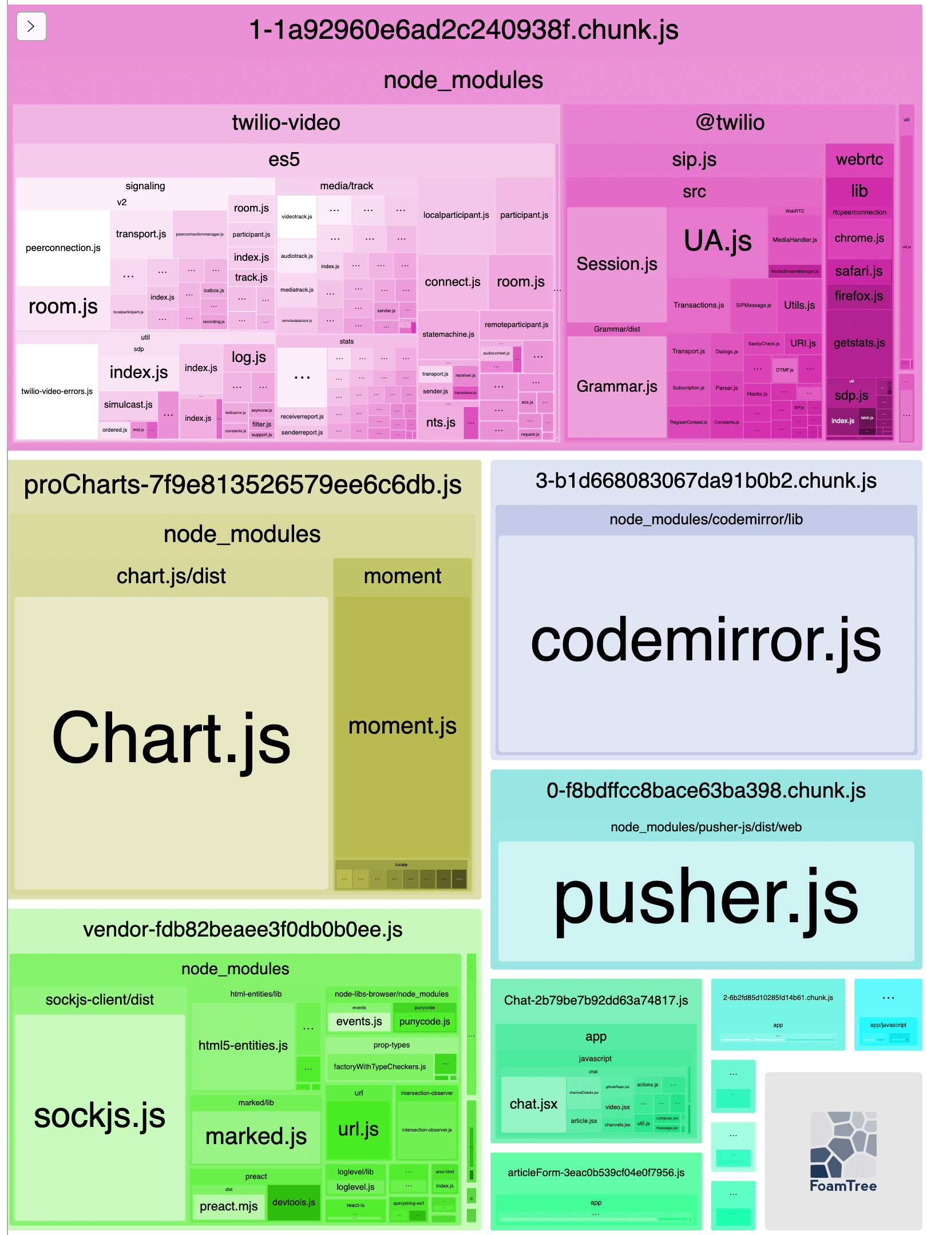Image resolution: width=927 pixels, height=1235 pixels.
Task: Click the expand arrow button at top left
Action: click(x=31, y=26)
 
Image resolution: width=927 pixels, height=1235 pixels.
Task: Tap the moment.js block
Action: click(x=402, y=726)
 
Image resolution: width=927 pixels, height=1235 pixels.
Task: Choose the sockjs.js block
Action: click(x=100, y=1115)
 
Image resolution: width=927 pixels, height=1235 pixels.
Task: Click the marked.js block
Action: click(x=256, y=1137)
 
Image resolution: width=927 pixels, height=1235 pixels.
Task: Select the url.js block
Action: click(x=358, y=1129)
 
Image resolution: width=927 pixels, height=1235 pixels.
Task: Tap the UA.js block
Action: click(x=717, y=241)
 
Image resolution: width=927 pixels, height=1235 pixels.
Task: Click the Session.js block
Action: click(x=616, y=264)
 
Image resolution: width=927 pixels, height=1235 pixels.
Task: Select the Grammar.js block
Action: click(x=616, y=387)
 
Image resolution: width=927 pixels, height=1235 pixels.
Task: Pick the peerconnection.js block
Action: click(x=63, y=248)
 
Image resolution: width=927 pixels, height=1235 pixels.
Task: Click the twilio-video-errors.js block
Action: click(x=57, y=392)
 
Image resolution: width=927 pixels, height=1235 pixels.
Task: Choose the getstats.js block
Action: click(x=859, y=343)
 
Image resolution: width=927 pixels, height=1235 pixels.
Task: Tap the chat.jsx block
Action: click(x=533, y=1104)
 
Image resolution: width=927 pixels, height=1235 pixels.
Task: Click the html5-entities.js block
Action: click(x=243, y=1046)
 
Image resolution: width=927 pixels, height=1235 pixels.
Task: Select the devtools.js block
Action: click(x=294, y=1202)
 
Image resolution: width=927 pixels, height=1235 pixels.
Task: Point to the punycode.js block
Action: click(x=425, y=1022)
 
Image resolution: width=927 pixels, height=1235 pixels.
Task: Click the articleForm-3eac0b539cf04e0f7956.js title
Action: click(x=596, y=1173)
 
